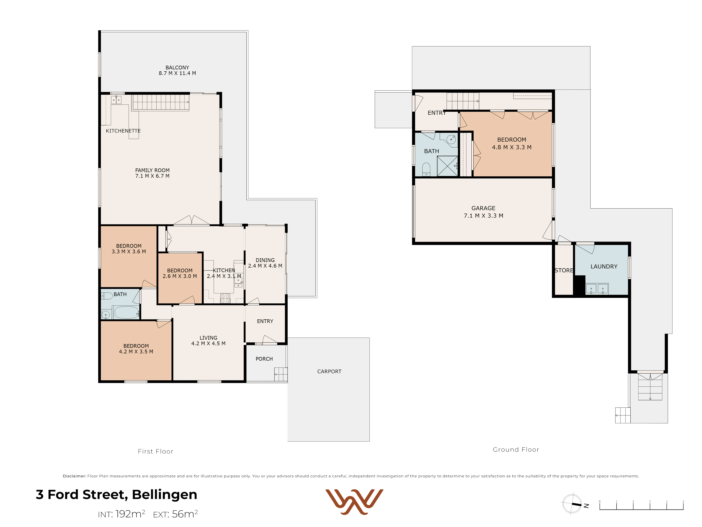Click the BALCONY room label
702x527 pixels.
(177, 70)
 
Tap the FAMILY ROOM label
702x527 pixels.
(152, 173)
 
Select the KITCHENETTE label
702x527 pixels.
(123, 131)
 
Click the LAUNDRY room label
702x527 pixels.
(604, 266)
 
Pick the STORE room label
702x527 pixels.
(564, 270)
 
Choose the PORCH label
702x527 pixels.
(264, 359)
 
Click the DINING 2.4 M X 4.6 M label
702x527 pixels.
(265, 263)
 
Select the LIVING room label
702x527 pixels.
(208, 341)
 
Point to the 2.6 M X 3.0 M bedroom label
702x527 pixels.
(180, 273)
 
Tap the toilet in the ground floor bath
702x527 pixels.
(426, 169)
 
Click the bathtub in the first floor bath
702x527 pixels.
(126, 312)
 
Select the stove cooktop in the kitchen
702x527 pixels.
(225, 298)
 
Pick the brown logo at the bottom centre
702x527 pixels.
(354, 502)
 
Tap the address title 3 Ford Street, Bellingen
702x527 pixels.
(117, 495)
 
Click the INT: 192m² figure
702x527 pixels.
(122, 514)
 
